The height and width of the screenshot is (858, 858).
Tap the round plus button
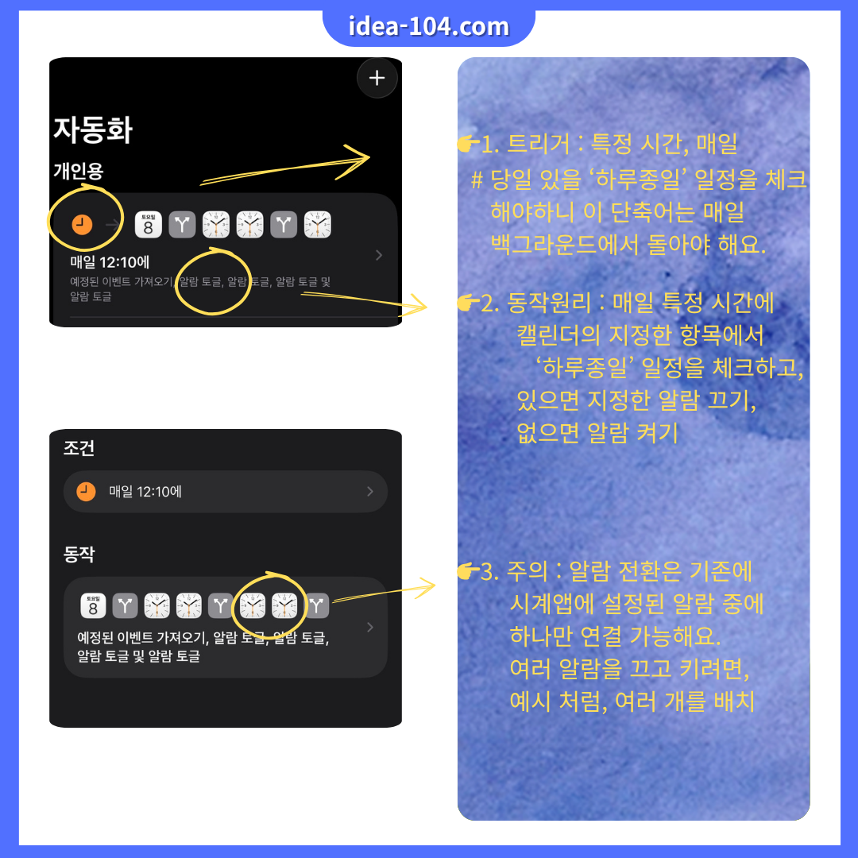click(377, 78)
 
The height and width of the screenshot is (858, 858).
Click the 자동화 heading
click(93, 130)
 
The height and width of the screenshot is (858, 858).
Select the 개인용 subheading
click(78, 171)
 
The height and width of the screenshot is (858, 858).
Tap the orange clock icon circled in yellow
click(82, 225)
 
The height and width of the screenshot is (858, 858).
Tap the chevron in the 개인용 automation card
click(379, 255)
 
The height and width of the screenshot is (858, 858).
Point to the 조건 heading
click(79, 448)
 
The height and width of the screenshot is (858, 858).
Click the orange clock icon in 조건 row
click(87, 492)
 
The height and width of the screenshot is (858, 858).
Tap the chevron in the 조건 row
click(369, 492)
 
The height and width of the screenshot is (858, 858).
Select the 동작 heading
click(79, 555)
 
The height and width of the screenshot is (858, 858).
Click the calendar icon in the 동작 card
click(94, 606)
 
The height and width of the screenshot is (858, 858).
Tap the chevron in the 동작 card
click(369, 628)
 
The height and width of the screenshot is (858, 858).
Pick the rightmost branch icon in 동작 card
click(317, 606)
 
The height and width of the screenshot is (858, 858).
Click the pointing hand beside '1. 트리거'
click(467, 145)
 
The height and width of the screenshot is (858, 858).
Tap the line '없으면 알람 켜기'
click(597, 433)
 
